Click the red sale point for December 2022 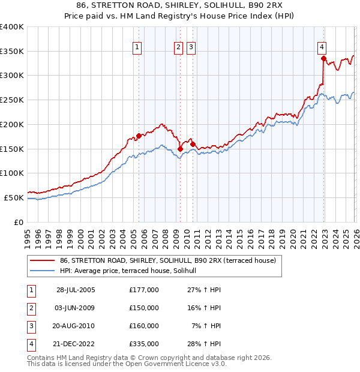pyautogui.click(x=323, y=58)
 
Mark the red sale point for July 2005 pyautogui.click(x=139, y=136)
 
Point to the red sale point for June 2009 pyautogui.click(x=180, y=149)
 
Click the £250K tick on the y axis pyautogui.click(x=12, y=100)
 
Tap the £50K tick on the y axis pyautogui.click(x=14, y=197)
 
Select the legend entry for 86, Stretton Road pyautogui.click(x=167, y=261)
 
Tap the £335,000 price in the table pyautogui.click(x=144, y=344)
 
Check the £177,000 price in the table pyautogui.click(x=144, y=289)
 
